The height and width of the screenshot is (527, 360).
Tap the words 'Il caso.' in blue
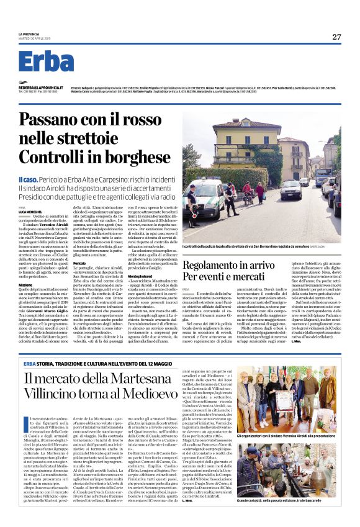tap(30, 179)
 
